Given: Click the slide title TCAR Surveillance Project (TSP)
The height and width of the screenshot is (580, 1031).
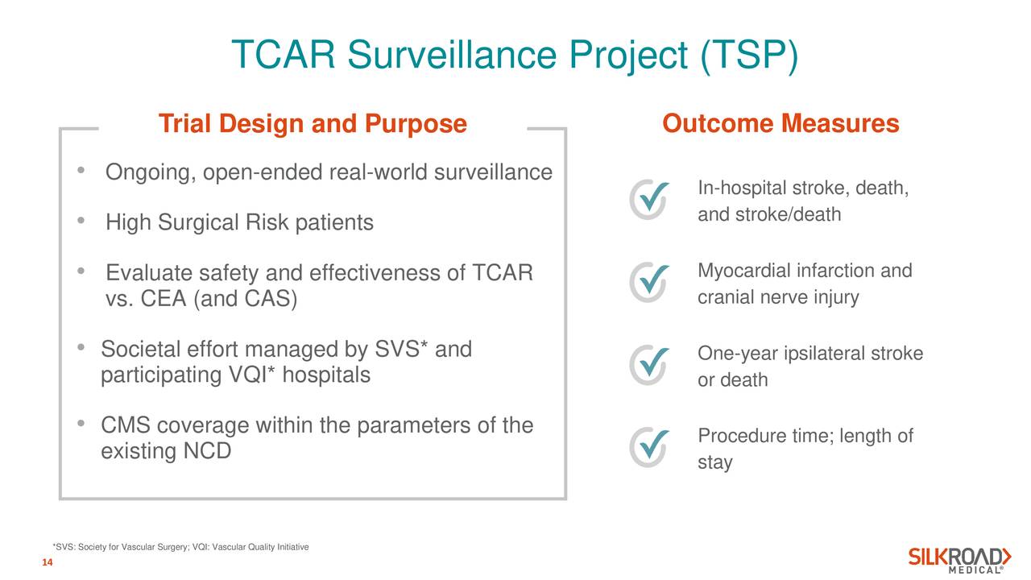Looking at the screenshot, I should [515, 56].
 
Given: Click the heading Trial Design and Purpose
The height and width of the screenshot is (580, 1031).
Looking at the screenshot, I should [313, 125].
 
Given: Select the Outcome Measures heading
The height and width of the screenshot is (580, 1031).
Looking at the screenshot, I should [780, 125].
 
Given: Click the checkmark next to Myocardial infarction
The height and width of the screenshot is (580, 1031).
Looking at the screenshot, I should [648, 280].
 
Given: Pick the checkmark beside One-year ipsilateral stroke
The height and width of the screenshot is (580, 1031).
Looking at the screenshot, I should [648, 365].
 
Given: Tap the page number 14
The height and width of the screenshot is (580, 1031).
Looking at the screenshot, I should [47, 562].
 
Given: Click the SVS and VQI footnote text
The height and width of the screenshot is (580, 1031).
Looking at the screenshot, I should [180, 548].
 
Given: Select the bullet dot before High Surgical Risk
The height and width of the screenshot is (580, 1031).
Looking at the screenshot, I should [81, 221].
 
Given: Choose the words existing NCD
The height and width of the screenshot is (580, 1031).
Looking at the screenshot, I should [166, 451].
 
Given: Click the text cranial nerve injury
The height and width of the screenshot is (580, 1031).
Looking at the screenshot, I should [777, 298].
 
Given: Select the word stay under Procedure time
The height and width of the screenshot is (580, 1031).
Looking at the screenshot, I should [714, 463].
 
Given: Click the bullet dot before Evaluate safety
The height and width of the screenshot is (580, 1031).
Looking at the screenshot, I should [81, 271].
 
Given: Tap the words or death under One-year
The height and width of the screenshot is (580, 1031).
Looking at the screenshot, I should [732, 380].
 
